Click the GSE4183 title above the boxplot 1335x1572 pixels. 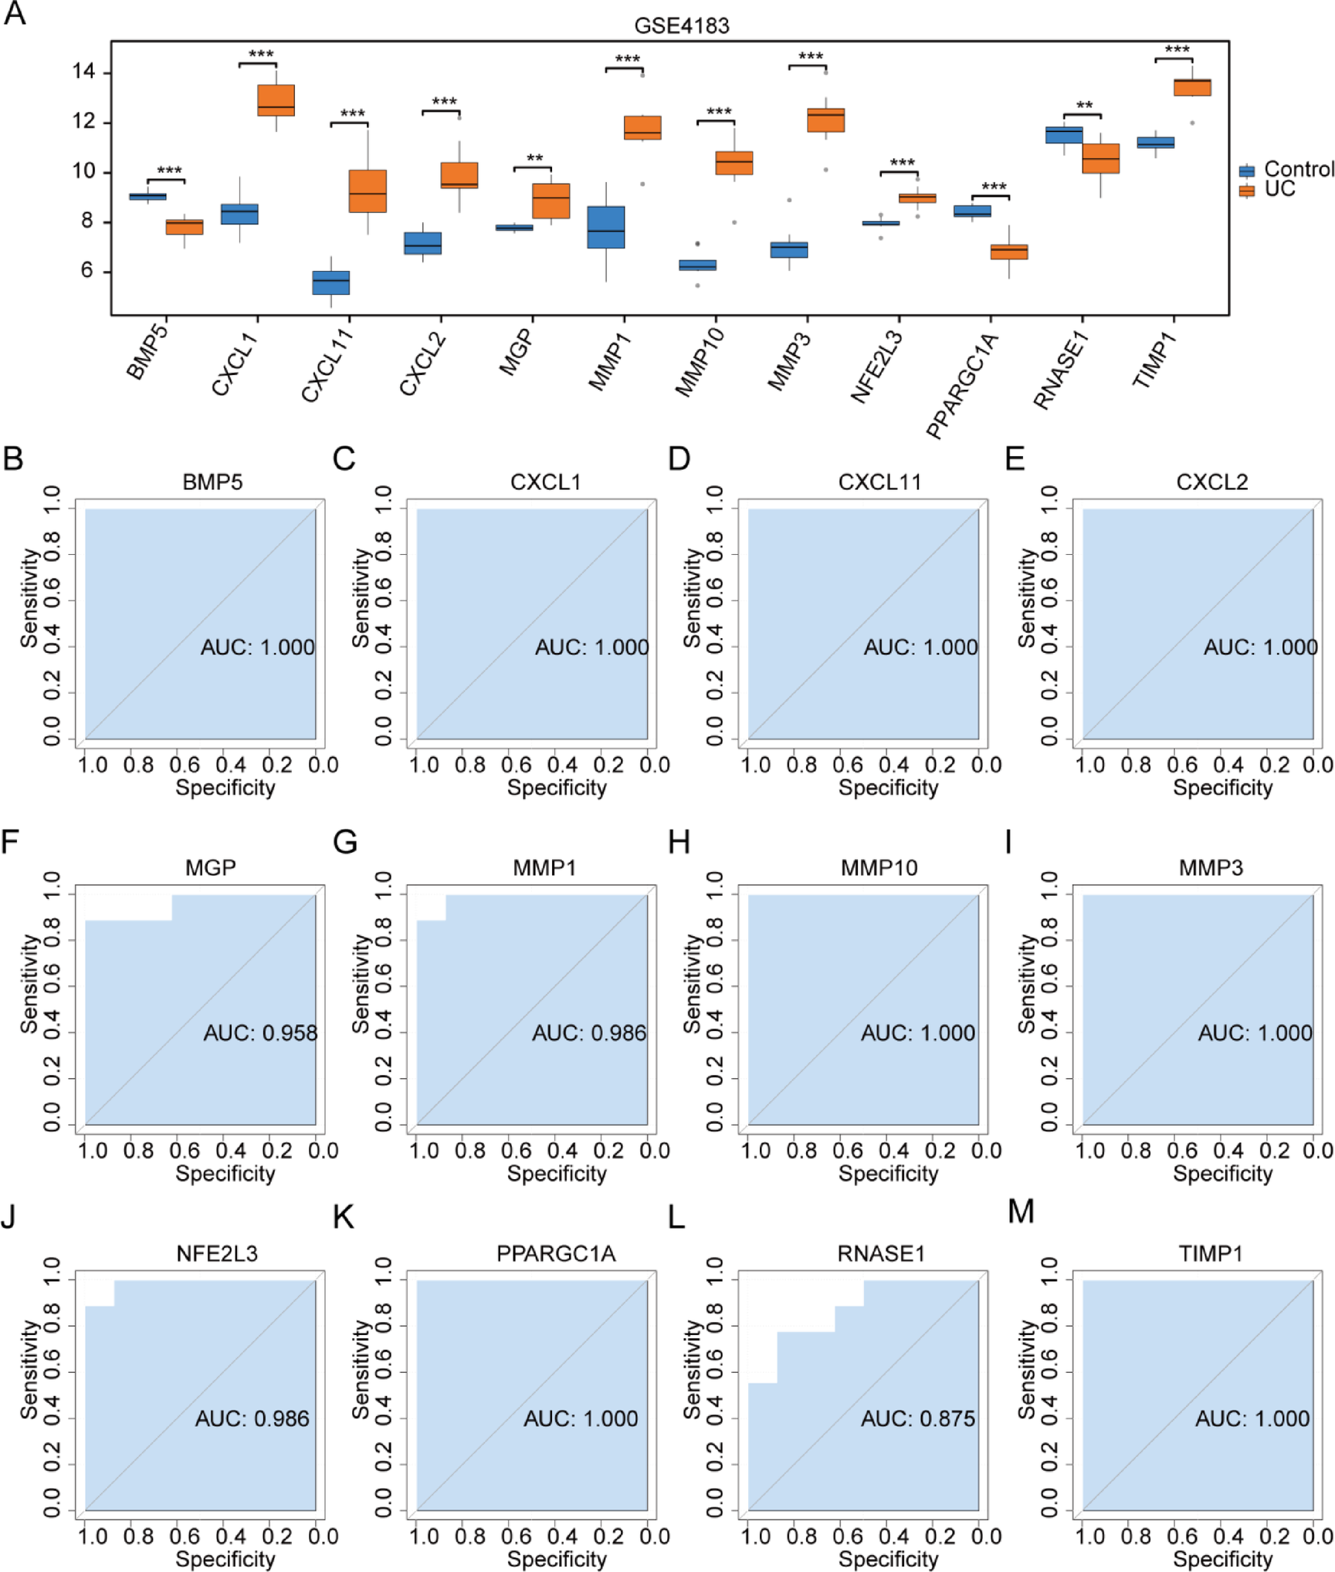point(681,25)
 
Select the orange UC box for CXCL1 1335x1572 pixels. point(276,100)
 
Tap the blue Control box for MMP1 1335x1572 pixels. point(606,227)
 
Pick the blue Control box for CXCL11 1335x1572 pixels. point(330,282)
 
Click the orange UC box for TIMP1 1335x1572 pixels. point(1191,87)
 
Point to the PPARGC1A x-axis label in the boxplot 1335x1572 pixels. point(961,386)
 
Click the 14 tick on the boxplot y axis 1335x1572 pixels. point(83,72)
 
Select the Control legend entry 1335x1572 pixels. point(1297,169)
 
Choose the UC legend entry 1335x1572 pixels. point(1279,189)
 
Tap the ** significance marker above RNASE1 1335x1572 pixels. point(1084,106)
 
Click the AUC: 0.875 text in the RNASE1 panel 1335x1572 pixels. point(917,1418)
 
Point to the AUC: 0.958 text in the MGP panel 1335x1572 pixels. point(260,1033)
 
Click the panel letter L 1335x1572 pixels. point(676,1217)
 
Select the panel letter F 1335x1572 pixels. point(10,842)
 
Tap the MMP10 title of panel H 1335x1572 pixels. point(879,867)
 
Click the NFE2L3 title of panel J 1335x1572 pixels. point(217,1253)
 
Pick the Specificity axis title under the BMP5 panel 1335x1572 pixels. point(225,787)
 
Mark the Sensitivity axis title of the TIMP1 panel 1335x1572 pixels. point(1026,1369)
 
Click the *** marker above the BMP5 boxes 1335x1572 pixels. point(169,171)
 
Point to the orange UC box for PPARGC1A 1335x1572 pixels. point(1009,252)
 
